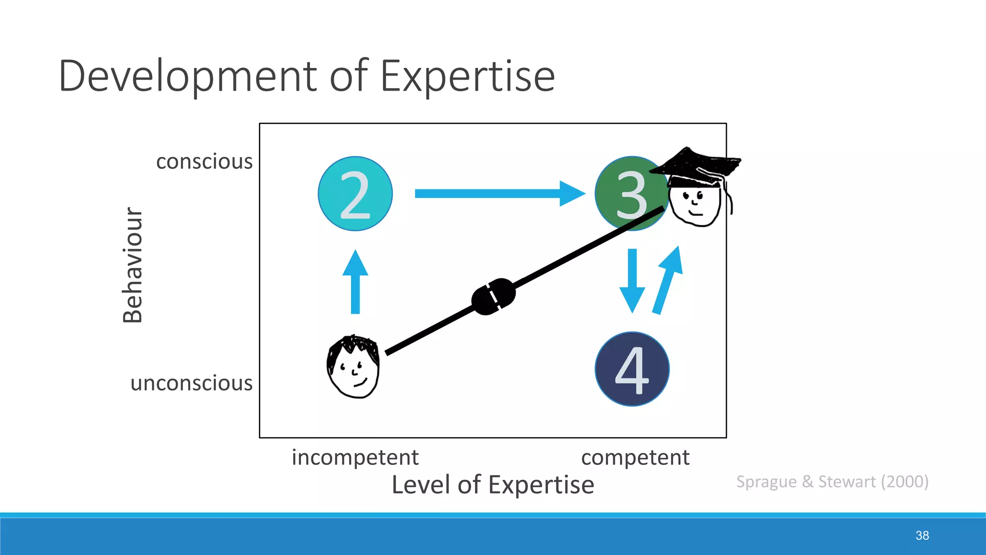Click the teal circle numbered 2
355,194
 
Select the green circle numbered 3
626,194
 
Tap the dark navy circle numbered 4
632,369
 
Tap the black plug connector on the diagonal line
493,296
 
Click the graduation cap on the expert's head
696,166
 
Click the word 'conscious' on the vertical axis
204,162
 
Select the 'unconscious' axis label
191,383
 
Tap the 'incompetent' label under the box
355,458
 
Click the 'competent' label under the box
635,458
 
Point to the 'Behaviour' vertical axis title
132,265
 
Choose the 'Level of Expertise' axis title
493,485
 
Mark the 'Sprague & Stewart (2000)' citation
832,482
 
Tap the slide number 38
922,535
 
